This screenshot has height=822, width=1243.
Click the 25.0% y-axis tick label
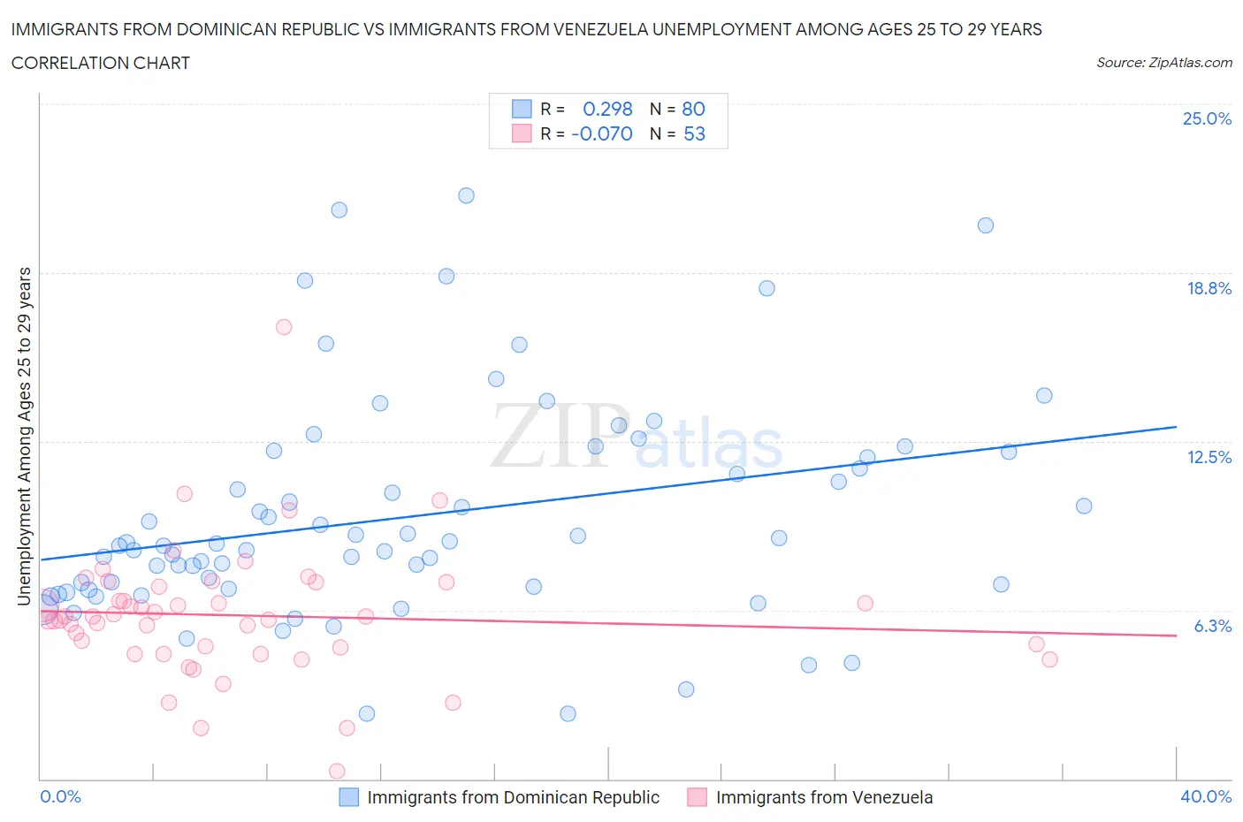coord(1207,119)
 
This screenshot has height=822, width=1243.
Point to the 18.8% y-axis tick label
coord(1209,288)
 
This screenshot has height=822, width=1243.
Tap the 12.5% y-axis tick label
coord(1209,457)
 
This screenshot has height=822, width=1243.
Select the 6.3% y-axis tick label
coord(1212,626)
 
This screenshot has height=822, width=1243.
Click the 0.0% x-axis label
coord(60,796)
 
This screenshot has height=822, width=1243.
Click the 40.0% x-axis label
coord(1206,796)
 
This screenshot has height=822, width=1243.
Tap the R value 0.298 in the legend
coord(607,109)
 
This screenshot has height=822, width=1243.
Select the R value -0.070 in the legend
coord(602,133)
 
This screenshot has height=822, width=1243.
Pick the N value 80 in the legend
coord(693,109)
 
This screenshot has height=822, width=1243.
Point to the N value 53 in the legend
coord(694,133)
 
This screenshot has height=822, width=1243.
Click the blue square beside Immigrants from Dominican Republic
coord(349,797)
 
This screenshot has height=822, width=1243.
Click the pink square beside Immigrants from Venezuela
coord(698,797)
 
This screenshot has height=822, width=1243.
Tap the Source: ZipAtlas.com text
coord(1163,62)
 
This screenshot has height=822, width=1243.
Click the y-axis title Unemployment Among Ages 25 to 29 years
coord(25,436)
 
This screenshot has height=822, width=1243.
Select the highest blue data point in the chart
coord(466,195)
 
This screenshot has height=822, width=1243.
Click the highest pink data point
coord(284,327)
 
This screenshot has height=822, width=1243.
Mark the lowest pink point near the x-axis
coord(337,771)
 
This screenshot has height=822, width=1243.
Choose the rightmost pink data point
coord(1049,659)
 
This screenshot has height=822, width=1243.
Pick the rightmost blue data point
coord(1084,506)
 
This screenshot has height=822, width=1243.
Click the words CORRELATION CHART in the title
coord(101,63)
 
